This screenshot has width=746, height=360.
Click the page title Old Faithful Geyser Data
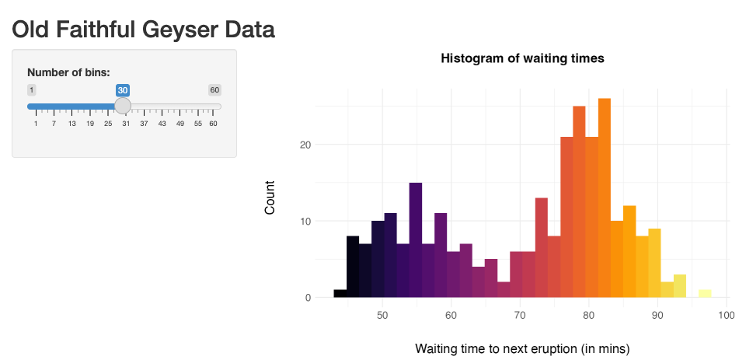[x=143, y=30]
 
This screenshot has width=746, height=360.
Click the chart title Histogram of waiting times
[x=522, y=58]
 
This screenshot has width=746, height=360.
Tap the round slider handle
[x=123, y=107]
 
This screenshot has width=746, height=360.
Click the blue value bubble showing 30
[x=123, y=90]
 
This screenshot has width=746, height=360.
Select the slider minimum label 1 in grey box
[x=31, y=90]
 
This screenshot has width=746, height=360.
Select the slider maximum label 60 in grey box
[x=214, y=90]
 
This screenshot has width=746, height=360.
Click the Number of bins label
[x=68, y=73]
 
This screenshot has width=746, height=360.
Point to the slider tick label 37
[x=144, y=124]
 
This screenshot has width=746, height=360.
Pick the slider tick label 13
[x=71, y=124]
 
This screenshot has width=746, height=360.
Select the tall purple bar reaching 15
[x=416, y=241]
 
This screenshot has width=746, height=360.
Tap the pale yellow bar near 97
[x=705, y=294]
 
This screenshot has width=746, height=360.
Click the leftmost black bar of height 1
[x=340, y=294]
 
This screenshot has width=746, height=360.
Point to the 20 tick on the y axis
[x=305, y=145]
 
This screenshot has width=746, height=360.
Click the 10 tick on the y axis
[x=305, y=221]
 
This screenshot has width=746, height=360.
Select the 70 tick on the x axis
[x=520, y=315]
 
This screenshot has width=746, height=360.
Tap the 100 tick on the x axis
[x=727, y=315]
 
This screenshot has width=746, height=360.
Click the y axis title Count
[x=270, y=197]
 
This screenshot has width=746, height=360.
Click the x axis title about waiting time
[x=522, y=347]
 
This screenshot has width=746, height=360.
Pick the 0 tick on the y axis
[x=308, y=297]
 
